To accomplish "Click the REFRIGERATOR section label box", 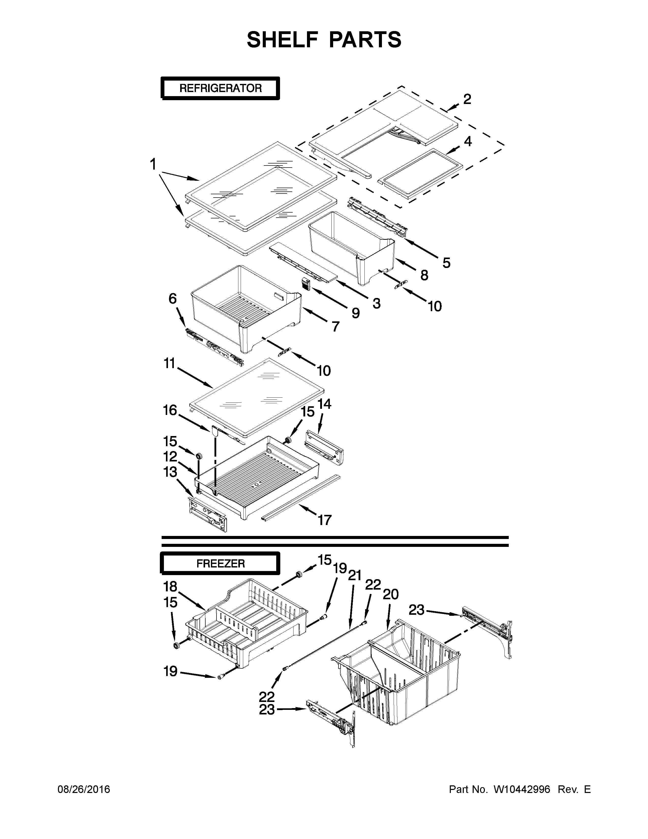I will point(220,88).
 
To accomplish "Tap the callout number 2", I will point(467,99).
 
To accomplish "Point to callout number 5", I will point(446,263).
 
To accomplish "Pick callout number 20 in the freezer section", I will point(391,595).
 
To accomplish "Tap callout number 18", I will point(170,587).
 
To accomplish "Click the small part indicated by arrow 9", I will point(305,284).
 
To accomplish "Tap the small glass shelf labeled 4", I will point(420,174).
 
